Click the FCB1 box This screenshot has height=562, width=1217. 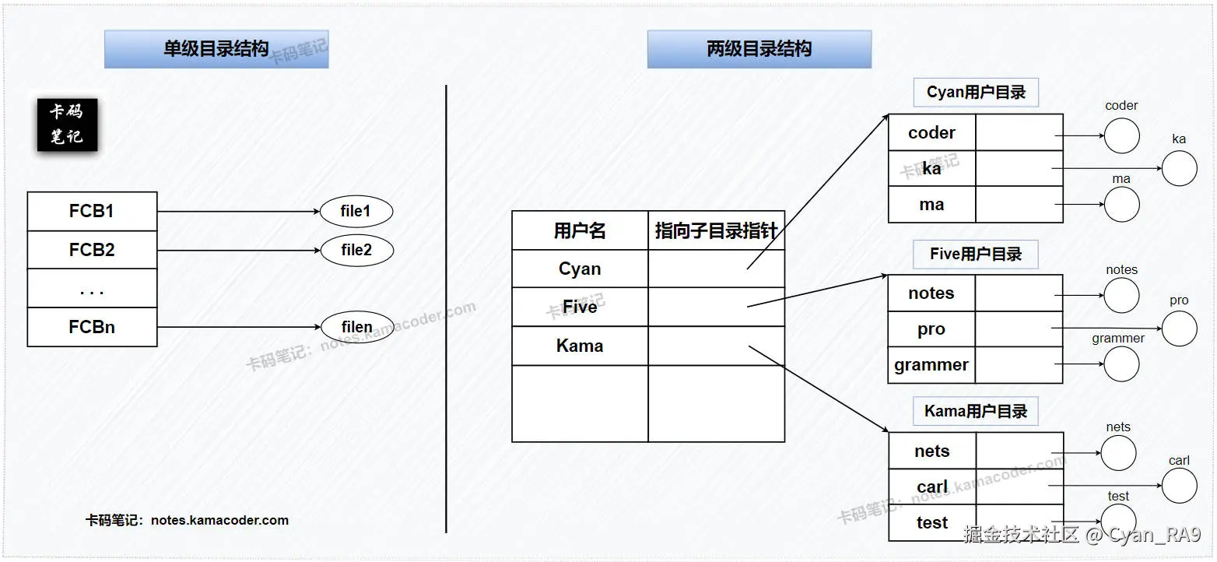pyautogui.click(x=92, y=211)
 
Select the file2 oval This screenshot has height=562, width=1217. pyautogui.click(x=356, y=250)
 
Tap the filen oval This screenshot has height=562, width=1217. pyautogui.click(x=356, y=327)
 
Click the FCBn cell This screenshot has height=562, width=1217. pyautogui.click(x=92, y=327)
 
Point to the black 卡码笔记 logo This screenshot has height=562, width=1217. pyautogui.click(x=68, y=124)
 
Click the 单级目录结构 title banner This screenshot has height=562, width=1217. pyautogui.click(x=216, y=49)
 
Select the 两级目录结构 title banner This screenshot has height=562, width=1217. pyautogui.click(x=759, y=49)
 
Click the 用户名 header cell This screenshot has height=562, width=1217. pyautogui.click(x=580, y=230)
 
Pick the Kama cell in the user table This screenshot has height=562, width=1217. pyautogui.click(x=580, y=346)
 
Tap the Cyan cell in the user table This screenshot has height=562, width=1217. pyautogui.click(x=580, y=269)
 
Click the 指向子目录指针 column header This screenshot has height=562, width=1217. pyautogui.click(x=716, y=230)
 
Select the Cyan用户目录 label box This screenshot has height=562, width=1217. pyautogui.click(x=976, y=93)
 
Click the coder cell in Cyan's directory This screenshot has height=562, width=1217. pyautogui.click(x=931, y=132)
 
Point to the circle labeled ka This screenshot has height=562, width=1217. pyautogui.click(x=1179, y=169)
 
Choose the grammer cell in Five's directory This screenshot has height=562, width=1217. pyautogui.click(x=931, y=364)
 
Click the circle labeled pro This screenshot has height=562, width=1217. pyautogui.click(x=1179, y=328)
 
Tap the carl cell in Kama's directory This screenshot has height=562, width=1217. pyautogui.click(x=932, y=486)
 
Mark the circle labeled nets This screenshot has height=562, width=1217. pyautogui.click(x=1119, y=452)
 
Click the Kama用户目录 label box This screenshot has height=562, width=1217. pyautogui.click(x=976, y=411)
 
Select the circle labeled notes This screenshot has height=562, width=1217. pyautogui.click(x=1121, y=296)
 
